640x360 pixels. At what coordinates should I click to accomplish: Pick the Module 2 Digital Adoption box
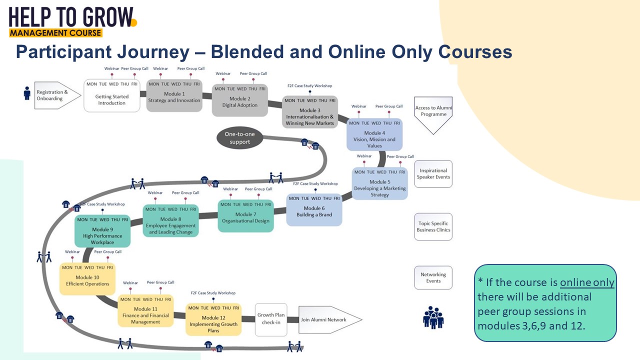[240, 100]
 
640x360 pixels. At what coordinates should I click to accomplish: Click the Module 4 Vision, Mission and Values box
[374, 134]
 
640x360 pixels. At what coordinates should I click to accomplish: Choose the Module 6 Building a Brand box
[314, 210]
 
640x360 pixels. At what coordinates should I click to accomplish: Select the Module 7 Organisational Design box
[245, 216]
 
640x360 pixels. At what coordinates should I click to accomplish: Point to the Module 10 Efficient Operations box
[87, 279]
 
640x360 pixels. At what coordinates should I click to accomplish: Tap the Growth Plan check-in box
[271, 319]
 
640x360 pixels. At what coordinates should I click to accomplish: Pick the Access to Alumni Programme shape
[433, 113]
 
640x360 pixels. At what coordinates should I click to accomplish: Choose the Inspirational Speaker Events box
[433, 174]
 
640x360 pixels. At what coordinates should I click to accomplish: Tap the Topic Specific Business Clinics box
[433, 227]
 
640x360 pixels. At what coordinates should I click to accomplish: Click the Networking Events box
[433, 278]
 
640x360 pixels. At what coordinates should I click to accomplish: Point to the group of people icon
[433, 317]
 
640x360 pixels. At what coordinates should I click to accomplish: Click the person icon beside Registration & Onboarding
[27, 93]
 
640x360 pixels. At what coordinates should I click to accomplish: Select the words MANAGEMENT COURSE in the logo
[55, 33]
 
